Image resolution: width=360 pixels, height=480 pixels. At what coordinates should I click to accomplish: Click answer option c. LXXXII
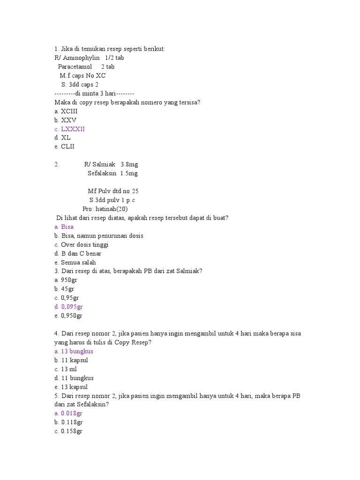70,129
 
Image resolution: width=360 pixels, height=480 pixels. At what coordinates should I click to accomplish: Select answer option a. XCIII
66,111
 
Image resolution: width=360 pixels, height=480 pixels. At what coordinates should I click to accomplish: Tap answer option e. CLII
65,147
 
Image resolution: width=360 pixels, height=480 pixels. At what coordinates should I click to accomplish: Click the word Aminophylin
81,58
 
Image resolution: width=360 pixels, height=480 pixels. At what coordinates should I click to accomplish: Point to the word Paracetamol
75,67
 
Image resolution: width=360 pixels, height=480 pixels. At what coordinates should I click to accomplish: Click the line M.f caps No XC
82,75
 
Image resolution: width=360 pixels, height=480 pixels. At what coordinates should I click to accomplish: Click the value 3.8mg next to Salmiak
129,165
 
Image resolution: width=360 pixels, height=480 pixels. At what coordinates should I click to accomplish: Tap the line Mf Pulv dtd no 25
113,191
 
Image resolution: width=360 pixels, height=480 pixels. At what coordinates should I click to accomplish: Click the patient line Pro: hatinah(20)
105,209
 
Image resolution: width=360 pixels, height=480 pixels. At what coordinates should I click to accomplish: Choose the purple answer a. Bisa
64,227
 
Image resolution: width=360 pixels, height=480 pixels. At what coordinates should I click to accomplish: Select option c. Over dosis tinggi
82,245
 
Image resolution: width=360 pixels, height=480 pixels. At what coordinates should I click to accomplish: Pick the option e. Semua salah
75,262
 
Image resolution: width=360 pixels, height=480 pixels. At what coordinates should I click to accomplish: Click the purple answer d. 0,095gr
68,307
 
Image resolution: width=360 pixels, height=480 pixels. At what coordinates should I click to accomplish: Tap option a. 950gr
66,280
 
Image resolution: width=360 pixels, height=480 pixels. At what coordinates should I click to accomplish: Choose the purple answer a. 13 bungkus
74,352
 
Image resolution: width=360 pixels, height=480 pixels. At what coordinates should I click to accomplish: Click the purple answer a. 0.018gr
68,414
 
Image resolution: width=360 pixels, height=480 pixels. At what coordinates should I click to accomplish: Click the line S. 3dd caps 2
80,84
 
